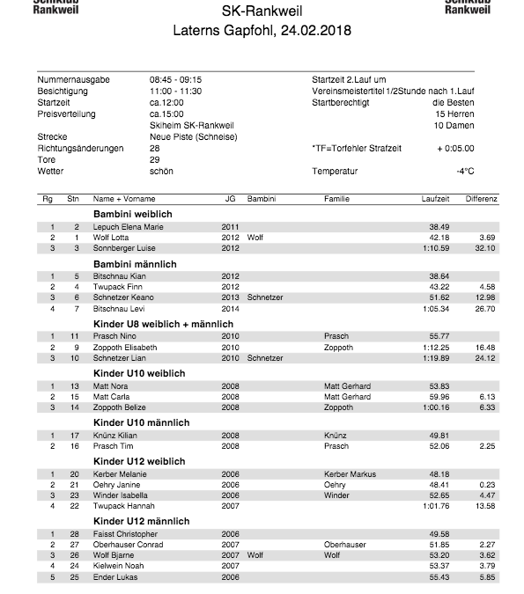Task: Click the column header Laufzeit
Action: pyautogui.click(x=436, y=199)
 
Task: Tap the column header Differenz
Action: pyautogui.click(x=482, y=199)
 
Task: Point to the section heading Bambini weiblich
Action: pyautogui.click(x=132, y=214)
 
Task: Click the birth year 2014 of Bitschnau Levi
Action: pyautogui.click(x=230, y=308)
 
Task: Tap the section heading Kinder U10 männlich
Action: pyautogui.click(x=141, y=423)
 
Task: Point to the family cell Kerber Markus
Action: pyautogui.click(x=350, y=474)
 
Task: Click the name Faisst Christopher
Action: pyautogui.click(x=126, y=534)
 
